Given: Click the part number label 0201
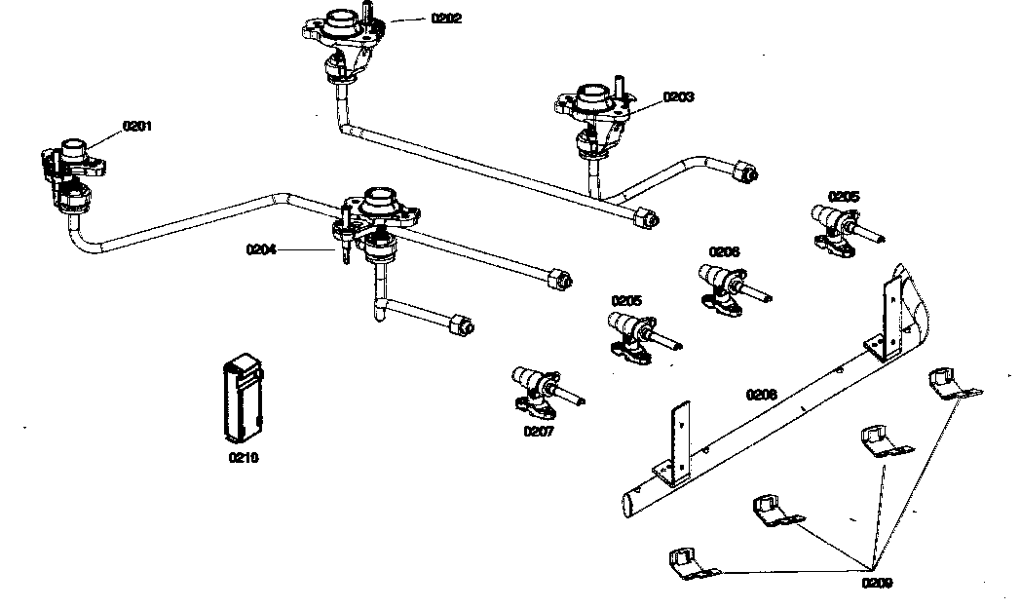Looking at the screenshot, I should pyautogui.click(x=137, y=127).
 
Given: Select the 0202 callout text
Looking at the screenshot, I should pyautogui.click(x=447, y=19).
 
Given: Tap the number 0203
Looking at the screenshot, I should pyautogui.click(x=678, y=97).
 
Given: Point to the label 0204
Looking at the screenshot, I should pyautogui.click(x=261, y=249).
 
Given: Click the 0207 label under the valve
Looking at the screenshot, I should pyautogui.click(x=538, y=431).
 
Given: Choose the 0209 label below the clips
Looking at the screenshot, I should pyautogui.click(x=876, y=584).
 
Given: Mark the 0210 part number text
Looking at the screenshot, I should pyautogui.click(x=244, y=456).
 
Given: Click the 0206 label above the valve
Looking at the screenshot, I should pyautogui.click(x=724, y=251).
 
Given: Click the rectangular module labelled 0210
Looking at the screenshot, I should pyautogui.click(x=242, y=400).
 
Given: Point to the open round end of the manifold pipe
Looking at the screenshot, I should pyautogui.click(x=629, y=504).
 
